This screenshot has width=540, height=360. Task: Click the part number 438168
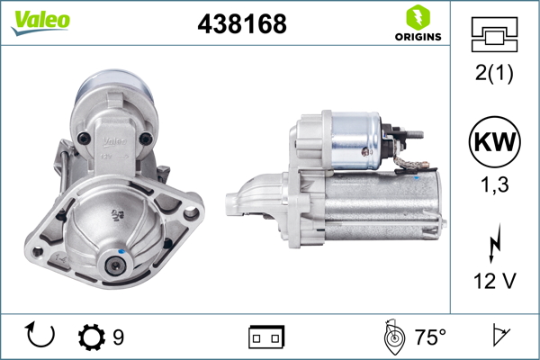click(241, 25)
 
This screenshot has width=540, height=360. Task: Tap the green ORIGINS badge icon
click(417, 16)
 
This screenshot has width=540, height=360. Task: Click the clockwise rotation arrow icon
click(40, 337)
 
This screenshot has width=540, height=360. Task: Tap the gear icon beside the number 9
click(92, 337)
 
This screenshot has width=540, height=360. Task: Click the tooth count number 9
click(118, 337)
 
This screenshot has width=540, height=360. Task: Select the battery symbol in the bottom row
click(265, 337)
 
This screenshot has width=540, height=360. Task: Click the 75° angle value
click(430, 337)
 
